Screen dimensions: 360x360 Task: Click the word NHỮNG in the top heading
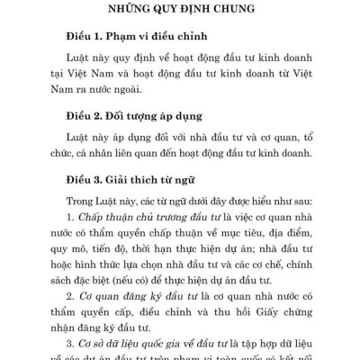coord(129,12)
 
